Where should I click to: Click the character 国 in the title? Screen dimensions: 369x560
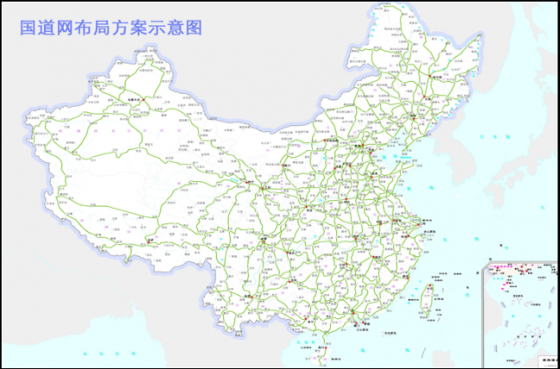pos(29,27)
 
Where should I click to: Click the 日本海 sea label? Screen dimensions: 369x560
pos(508,121)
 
